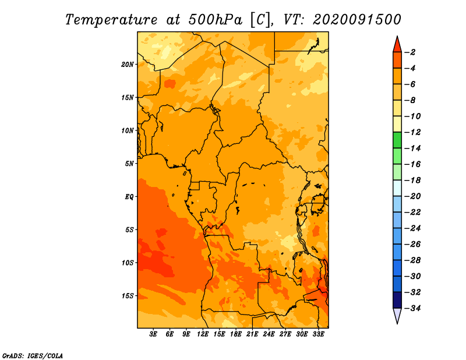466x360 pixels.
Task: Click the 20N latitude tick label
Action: tap(128, 65)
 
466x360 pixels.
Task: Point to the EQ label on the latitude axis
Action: tap(129, 197)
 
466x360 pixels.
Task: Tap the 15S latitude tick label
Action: tap(128, 296)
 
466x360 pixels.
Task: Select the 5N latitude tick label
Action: tap(129, 164)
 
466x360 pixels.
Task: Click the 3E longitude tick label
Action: tap(153, 334)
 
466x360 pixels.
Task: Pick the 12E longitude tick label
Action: tap(203, 334)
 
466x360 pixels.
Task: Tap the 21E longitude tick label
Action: tap(252, 334)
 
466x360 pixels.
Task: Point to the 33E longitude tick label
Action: tap(318, 334)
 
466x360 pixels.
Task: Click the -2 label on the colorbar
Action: tap(410, 52)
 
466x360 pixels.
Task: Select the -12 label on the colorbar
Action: tap(412, 132)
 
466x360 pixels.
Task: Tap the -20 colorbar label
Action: tap(412, 196)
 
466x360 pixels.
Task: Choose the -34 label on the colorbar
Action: tap(412, 308)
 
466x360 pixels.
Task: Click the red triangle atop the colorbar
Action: tap(397, 45)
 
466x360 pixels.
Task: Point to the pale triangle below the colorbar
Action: tap(397, 315)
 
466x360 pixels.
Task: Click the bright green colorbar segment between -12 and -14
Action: tap(397, 140)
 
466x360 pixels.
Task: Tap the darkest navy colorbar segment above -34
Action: tap(397, 300)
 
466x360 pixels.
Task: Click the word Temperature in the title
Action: tap(111, 20)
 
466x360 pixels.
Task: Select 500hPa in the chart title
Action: tap(215, 20)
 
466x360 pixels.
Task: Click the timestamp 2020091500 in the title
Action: tap(357, 20)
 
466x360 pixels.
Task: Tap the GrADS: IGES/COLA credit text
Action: tap(33, 356)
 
